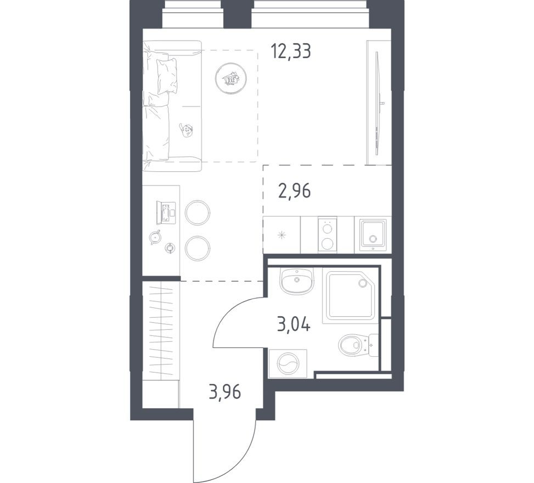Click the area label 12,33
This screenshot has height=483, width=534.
point(291,51)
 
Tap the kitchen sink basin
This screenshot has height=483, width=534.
point(373,235)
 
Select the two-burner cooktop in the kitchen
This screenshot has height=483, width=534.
point(327,235)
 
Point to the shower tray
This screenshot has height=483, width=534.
point(350,295)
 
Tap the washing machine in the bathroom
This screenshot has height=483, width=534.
point(287,363)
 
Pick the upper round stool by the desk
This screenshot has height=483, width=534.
point(198,212)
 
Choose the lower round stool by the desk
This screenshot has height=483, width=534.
point(198,248)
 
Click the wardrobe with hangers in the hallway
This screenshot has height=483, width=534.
point(161,329)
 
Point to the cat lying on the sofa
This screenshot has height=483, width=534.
point(187,130)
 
